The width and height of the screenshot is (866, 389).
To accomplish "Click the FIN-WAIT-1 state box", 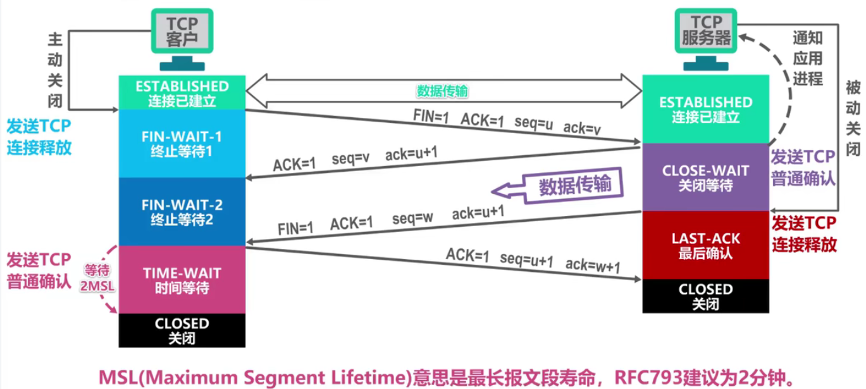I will click(182, 143).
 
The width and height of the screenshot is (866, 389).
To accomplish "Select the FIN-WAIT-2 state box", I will click(182, 212).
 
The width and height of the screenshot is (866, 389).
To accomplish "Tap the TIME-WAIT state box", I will click(182, 279).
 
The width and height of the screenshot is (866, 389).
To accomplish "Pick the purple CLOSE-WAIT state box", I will click(705, 178).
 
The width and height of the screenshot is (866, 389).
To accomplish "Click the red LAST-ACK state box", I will click(705, 245).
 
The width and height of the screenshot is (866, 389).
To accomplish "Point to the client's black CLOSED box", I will click(182, 330).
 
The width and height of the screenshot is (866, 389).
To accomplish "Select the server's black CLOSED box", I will click(705, 296).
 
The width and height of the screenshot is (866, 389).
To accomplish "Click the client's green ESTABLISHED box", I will click(182, 92).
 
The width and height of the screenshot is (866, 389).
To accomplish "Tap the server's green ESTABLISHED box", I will click(705, 109).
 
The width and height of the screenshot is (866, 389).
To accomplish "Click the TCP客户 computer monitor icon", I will click(182, 32).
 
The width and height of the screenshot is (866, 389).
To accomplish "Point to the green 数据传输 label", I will click(442, 91).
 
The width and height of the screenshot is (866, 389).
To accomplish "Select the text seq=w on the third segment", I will click(412, 218).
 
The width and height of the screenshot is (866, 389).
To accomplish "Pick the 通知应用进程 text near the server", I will click(808, 58).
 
